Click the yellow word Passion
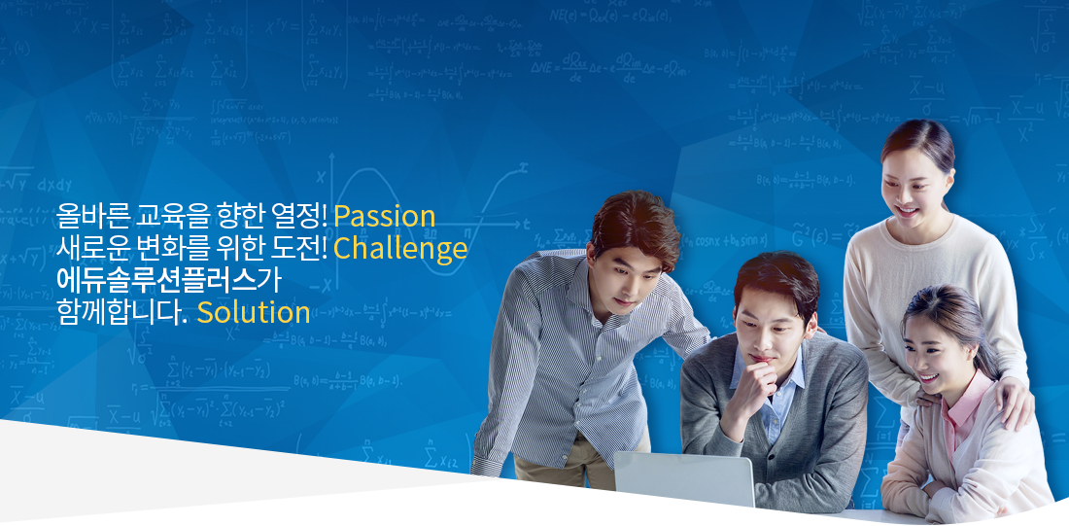[385, 217]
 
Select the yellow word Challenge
[400, 249]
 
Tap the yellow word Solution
[254, 312]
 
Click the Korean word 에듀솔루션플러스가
[169, 280]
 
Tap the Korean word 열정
[299, 216]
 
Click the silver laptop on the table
[684, 479]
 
